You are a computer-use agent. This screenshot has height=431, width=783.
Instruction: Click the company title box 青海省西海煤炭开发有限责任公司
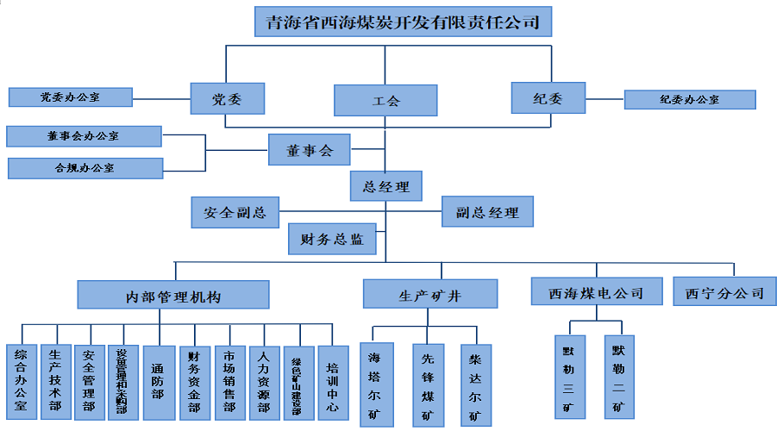click(403, 22)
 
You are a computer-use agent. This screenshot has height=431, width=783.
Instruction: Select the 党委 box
click(227, 98)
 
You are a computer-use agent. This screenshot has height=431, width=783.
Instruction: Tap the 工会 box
click(385, 100)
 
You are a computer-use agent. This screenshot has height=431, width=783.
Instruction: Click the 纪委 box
click(548, 98)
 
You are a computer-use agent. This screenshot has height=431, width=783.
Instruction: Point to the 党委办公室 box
click(71, 97)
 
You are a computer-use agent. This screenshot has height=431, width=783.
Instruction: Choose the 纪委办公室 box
click(690, 99)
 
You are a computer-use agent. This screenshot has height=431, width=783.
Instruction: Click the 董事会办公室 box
click(84, 136)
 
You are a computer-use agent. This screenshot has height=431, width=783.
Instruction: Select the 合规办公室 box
click(85, 167)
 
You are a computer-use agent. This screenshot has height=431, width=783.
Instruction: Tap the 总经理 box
click(385, 185)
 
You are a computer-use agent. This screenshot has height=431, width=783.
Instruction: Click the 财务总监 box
click(332, 239)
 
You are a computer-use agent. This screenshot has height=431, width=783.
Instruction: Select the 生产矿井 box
click(429, 294)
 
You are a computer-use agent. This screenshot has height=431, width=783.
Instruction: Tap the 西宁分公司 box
click(725, 291)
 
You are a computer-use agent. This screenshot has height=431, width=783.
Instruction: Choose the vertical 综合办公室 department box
click(21, 382)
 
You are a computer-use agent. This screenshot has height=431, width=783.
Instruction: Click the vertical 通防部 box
click(158, 382)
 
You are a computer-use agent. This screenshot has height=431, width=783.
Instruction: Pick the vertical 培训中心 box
click(333, 382)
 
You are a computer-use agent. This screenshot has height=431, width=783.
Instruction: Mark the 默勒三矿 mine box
click(568, 378)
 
